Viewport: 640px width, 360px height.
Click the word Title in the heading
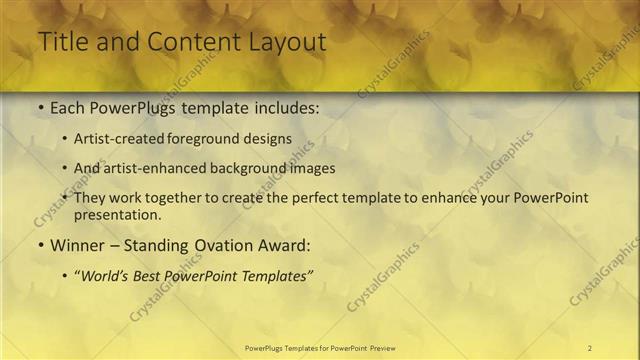tap(62, 42)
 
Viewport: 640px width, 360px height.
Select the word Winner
tap(76, 243)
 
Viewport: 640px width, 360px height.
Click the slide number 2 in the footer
tap(589, 347)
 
